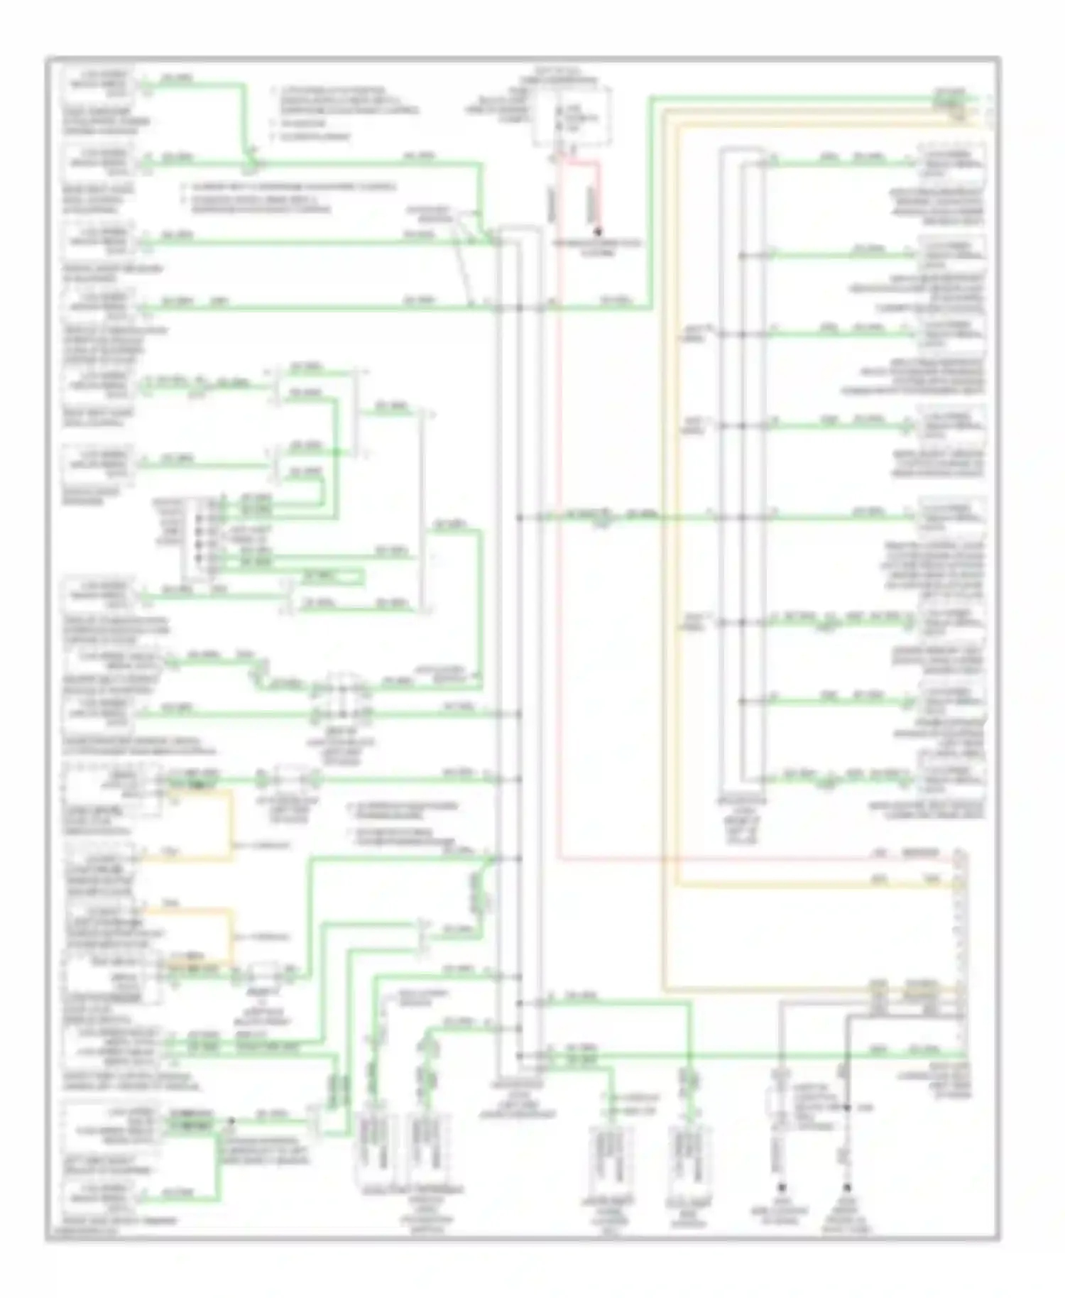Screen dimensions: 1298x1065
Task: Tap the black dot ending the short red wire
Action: [x=598, y=231]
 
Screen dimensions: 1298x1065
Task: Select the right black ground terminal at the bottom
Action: [x=846, y=1187]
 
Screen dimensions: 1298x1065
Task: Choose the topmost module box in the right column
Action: [x=951, y=163]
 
